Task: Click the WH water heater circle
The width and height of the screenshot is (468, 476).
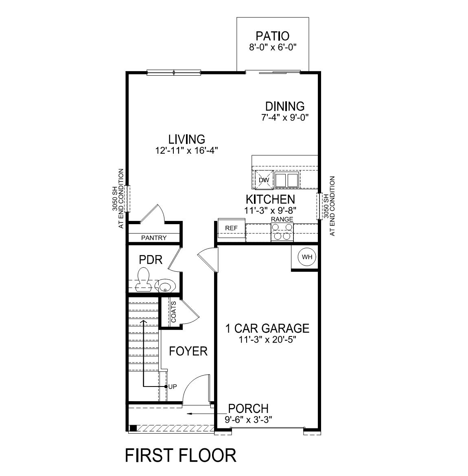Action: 306,257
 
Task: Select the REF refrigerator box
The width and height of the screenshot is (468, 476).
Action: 231,228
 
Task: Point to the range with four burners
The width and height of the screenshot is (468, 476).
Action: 282,232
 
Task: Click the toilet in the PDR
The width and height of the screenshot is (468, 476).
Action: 143,280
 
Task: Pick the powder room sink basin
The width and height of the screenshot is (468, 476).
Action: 166,286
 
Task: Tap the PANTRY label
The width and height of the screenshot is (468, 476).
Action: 153,238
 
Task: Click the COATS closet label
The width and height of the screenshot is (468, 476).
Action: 174,312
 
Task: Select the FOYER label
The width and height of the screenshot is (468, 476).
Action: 188,351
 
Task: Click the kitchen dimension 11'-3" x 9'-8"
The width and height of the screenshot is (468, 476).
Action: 270,210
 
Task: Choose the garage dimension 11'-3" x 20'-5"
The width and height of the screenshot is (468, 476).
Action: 267,340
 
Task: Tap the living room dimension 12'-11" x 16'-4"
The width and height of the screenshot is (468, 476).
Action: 187,150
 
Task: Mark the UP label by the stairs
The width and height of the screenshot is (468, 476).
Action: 173,386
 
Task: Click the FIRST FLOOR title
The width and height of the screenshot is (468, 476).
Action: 180,455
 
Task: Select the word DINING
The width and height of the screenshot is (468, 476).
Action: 285,106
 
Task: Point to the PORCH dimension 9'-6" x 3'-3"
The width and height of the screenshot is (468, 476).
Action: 248,419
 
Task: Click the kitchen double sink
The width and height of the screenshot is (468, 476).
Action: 286,180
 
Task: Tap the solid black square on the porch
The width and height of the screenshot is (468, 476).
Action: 133,428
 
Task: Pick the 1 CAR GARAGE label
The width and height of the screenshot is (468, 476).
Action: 267,328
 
